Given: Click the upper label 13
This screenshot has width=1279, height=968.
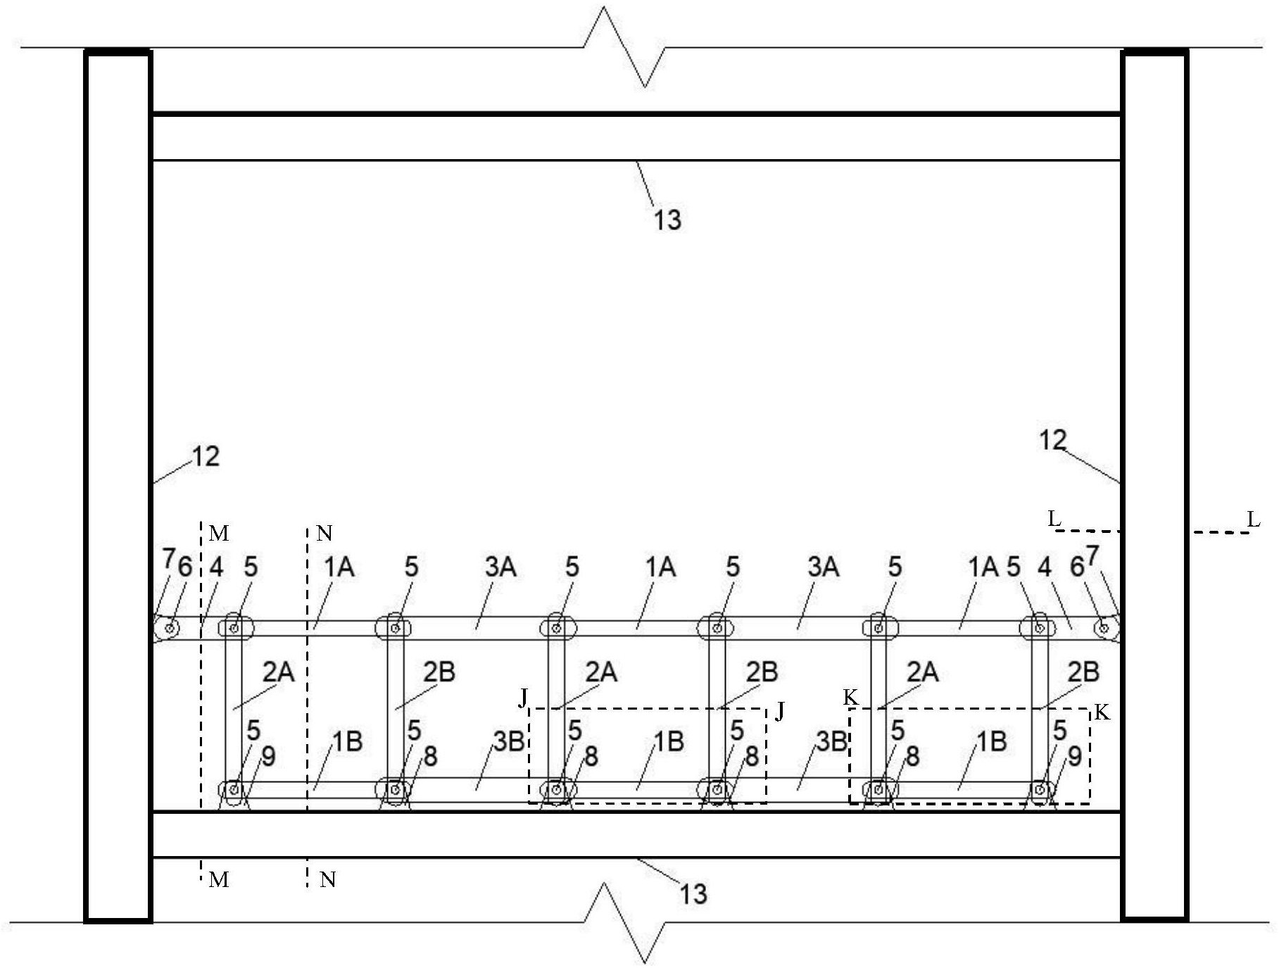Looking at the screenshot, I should [667, 220].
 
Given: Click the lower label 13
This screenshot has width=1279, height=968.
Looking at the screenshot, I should [693, 894].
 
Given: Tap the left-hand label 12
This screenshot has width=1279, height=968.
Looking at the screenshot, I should [206, 457].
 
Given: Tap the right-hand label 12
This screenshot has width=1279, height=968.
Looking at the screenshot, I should [1052, 441].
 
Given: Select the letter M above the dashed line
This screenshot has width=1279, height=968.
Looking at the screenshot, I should [219, 534].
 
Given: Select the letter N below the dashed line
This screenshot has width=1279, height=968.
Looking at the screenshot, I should [327, 880].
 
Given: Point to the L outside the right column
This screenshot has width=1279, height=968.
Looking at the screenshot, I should [1254, 520].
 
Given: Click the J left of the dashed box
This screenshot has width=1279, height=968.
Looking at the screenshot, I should [523, 698].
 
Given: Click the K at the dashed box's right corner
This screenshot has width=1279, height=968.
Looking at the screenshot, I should [1102, 713].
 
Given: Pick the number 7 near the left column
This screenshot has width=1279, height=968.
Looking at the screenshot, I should [168, 559].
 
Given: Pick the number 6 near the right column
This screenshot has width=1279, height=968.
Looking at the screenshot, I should [1077, 567].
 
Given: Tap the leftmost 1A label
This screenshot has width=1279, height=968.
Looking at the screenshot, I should [339, 567].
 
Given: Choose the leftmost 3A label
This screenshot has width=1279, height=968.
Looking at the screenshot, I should [500, 567].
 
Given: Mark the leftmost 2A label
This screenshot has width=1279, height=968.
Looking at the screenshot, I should [279, 672].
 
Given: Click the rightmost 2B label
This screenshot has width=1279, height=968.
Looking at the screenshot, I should [1083, 672].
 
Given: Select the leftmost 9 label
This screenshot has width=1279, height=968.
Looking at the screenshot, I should [268, 757].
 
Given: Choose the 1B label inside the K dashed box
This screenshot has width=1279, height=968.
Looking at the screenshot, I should [991, 741].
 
